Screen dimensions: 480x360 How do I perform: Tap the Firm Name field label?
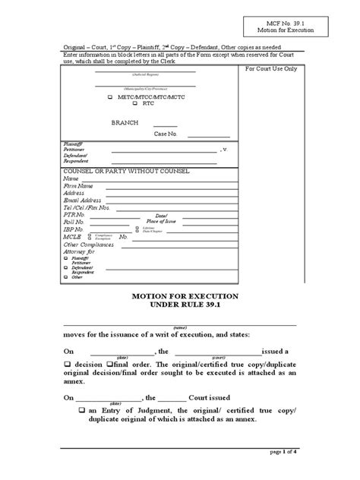click(x=79, y=186)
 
